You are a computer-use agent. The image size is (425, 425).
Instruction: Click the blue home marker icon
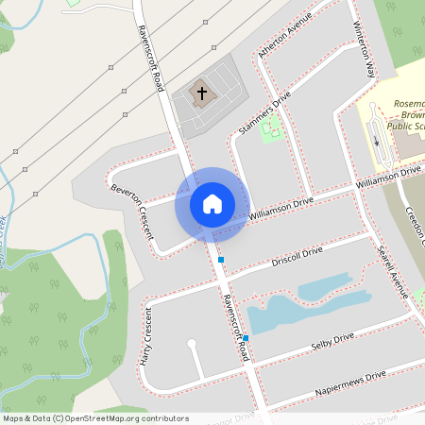(212, 203)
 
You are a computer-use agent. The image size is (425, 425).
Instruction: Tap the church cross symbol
(201, 93)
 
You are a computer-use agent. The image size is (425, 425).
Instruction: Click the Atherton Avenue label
(284, 41)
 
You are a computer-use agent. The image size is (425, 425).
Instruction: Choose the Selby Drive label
(331, 343)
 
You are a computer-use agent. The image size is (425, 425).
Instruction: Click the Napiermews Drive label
(352, 382)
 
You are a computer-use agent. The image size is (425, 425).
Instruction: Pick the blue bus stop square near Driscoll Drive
(221, 259)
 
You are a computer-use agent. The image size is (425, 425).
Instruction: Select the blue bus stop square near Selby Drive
(246, 338)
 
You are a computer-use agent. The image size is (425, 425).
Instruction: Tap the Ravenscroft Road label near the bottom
(235, 325)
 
